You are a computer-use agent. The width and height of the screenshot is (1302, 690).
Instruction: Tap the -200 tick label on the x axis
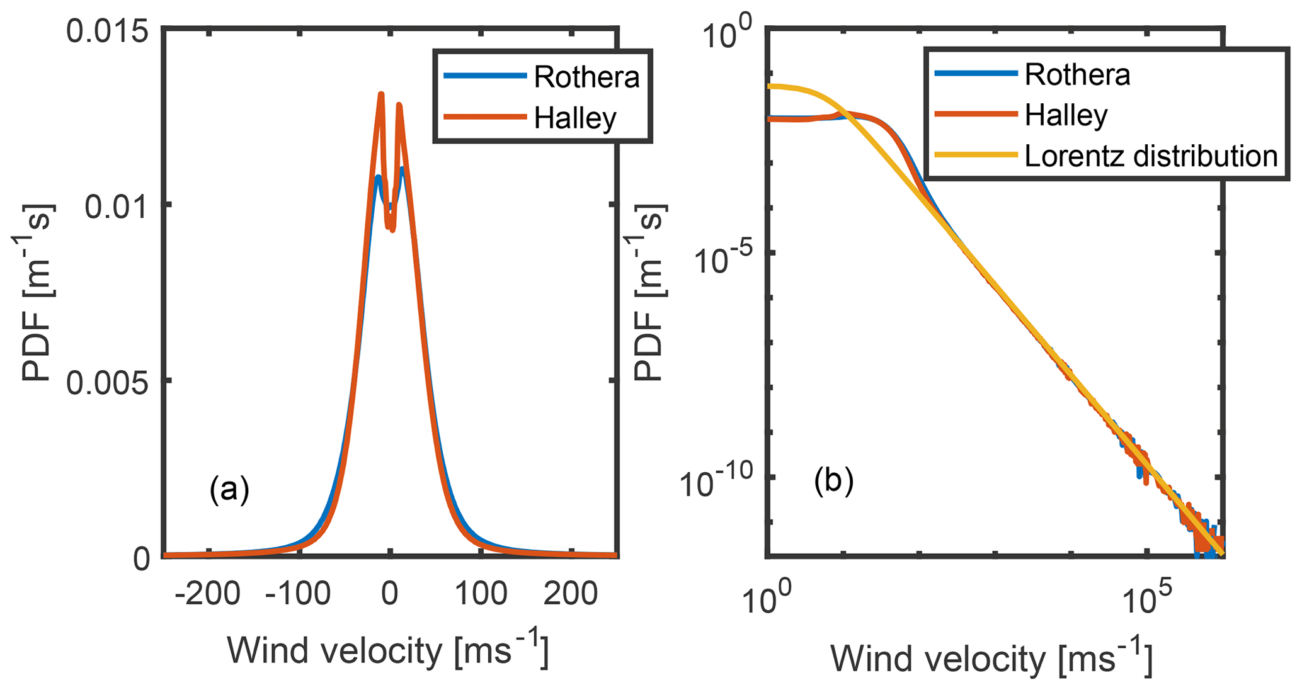click(x=207, y=594)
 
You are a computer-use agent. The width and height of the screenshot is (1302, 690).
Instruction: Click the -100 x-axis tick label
click(x=298, y=594)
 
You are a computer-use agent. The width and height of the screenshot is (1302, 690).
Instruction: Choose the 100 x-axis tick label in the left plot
click(x=481, y=594)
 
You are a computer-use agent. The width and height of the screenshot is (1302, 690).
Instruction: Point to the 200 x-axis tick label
click(x=571, y=594)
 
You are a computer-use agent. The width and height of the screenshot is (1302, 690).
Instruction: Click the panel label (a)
click(x=229, y=490)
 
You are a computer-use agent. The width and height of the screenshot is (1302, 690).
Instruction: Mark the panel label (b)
click(x=833, y=482)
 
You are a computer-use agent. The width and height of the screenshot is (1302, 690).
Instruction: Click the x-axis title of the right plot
click(x=992, y=659)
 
